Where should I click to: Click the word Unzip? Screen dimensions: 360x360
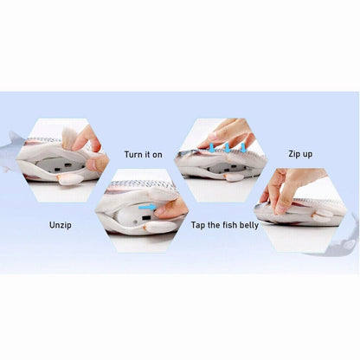coord(61,225)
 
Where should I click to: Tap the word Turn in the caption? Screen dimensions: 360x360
coord(134,155)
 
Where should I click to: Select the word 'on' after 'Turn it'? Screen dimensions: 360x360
coord(157,155)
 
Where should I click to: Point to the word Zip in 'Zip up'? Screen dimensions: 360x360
coord(294,154)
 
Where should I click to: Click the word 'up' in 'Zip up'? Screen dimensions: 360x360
coord(307,155)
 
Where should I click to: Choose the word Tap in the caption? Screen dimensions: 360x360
coord(198,225)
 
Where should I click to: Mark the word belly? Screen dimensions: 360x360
coord(248,225)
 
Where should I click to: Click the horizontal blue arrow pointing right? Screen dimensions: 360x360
coord(147,207)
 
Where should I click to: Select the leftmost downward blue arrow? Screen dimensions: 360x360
coord(212,148)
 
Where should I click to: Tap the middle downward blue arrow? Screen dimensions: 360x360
coord(228,148)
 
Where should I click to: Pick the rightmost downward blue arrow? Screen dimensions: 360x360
coord(243,148)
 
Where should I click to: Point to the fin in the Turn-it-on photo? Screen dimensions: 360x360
coord(155,227)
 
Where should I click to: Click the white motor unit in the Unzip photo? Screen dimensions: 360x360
coord(62,166)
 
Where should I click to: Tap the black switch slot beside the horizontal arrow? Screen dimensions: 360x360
coord(146,217)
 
